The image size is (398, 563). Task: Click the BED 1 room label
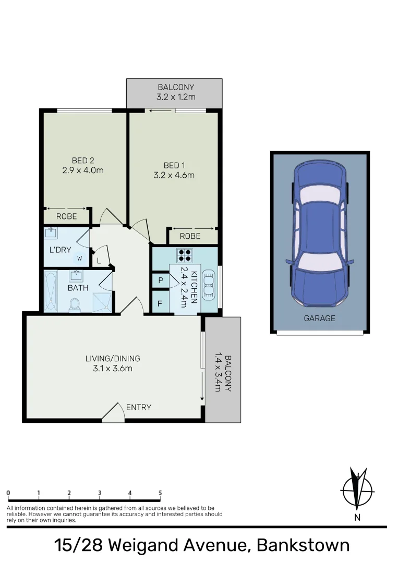(x=174, y=165)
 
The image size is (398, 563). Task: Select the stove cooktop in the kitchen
(x=185, y=255)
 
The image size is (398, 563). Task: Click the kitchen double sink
(x=209, y=285)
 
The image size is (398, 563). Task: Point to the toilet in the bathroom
(x=75, y=304)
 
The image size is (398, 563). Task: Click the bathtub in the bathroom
(x=51, y=291)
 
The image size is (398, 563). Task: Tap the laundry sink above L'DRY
(x=52, y=232)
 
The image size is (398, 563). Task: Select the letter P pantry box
(x=160, y=280)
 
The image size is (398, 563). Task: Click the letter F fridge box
(x=160, y=303)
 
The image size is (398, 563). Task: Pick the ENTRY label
(x=139, y=407)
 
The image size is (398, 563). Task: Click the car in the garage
(x=319, y=235)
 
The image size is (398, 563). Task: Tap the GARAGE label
(x=319, y=318)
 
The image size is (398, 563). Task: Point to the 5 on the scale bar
(x=160, y=493)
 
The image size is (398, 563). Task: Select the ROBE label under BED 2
(x=66, y=216)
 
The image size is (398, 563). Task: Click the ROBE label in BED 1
(x=190, y=236)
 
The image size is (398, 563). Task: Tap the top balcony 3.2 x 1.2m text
(x=176, y=97)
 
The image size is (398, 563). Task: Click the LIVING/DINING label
(x=113, y=359)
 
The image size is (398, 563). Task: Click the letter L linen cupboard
(x=99, y=261)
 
